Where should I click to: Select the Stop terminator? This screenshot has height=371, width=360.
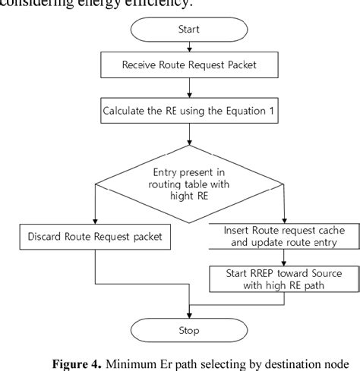coord(188,331)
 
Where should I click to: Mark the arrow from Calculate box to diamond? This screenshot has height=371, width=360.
coord(188,137)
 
